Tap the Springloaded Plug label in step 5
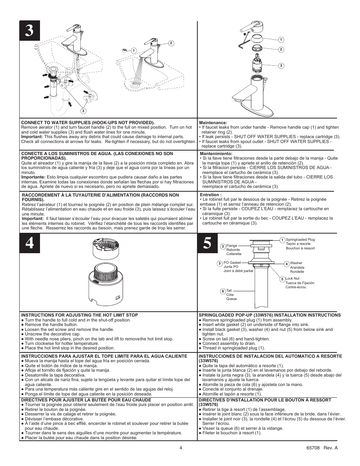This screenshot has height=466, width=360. click(300, 240)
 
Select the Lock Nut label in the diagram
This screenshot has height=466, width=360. click(292, 278)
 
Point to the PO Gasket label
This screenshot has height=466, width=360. click(232, 263)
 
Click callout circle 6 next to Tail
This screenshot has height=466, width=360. click(223, 291)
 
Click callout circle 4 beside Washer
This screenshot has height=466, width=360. click(286, 264)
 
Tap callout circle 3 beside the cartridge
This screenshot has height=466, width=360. click(281, 66)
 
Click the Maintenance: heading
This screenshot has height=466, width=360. click(214, 123)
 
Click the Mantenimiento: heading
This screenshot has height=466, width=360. click(216, 154)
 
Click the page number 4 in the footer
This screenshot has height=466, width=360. click(181, 448)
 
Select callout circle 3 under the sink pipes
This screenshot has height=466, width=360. click(83, 111)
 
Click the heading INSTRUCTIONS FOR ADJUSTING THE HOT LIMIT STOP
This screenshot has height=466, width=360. click(79, 315)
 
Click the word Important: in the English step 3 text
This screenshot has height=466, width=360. click(32, 137)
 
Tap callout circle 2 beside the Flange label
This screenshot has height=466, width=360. click(223, 246)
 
